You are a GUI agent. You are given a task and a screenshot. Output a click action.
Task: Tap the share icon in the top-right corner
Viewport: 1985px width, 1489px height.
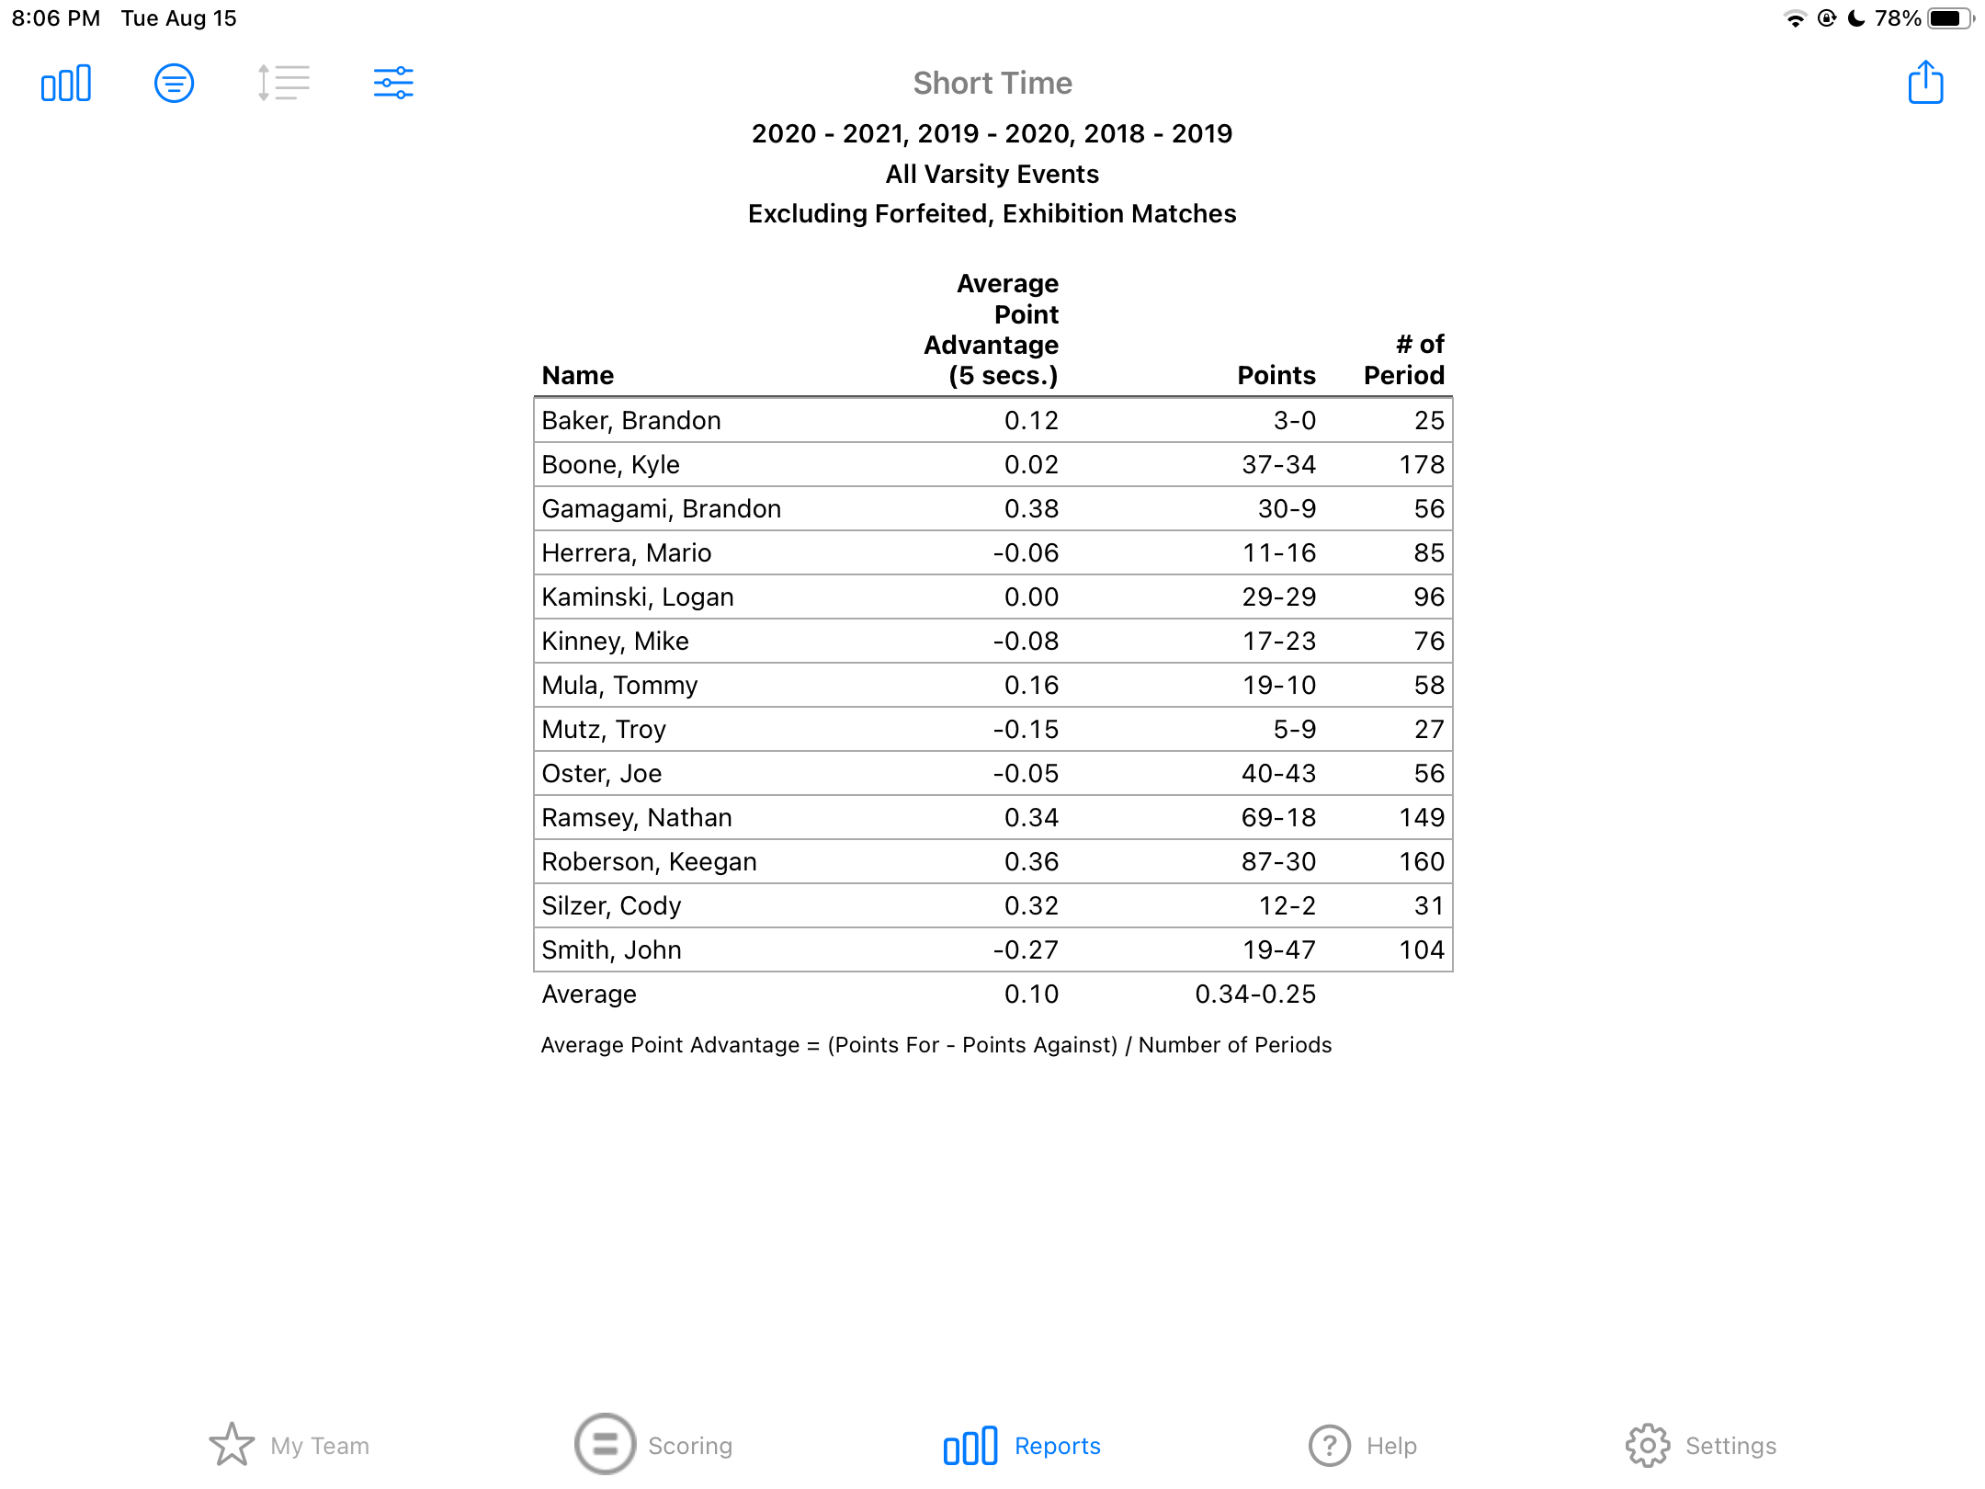pyautogui.click(x=1925, y=83)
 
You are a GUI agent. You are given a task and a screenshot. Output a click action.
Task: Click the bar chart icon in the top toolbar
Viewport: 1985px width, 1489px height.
pyautogui.click(x=66, y=84)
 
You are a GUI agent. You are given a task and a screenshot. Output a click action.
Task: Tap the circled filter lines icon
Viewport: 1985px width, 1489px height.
pyautogui.click(x=174, y=84)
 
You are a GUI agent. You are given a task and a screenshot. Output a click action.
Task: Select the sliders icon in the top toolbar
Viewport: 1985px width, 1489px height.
pyautogui.click(x=393, y=83)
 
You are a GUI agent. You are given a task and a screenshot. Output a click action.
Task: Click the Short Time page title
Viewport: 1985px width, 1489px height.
pyautogui.click(x=992, y=83)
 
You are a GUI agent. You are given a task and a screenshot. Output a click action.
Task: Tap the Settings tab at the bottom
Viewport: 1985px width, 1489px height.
pyautogui.click(x=1701, y=1446)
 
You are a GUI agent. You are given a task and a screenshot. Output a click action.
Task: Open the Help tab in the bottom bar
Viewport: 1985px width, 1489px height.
pyautogui.click(x=1364, y=1446)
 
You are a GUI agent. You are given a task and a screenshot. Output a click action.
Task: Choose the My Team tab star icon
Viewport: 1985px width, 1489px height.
pyautogui.click(x=232, y=1445)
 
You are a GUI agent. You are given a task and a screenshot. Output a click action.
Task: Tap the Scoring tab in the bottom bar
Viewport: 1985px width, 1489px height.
pyautogui.click(x=653, y=1445)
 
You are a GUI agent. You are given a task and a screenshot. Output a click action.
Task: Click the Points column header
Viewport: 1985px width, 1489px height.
pyautogui.click(x=1276, y=375)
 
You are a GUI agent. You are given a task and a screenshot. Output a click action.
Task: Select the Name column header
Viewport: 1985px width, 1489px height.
pyautogui.click(x=578, y=375)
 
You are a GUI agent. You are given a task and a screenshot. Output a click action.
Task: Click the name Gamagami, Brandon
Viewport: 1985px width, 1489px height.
pyautogui.click(x=662, y=508)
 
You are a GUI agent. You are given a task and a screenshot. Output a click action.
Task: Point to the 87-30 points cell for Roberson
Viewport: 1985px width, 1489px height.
pyautogui.click(x=1278, y=861)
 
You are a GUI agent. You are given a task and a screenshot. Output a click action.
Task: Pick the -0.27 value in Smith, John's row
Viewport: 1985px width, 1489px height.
pyautogui.click(x=1026, y=949)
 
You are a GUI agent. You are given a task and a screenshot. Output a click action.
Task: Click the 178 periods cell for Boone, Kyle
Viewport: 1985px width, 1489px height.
pyautogui.click(x=1422, y=464)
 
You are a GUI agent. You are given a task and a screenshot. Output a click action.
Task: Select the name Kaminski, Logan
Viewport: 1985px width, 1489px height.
pyautogui.click(x=638, y=597)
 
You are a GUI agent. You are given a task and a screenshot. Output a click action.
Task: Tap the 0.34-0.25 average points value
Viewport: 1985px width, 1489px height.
pyautogui.click(x=1255, y=994)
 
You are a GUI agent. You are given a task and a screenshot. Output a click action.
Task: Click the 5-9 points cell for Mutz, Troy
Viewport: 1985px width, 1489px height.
pyautogui.click(x=1294, y=729)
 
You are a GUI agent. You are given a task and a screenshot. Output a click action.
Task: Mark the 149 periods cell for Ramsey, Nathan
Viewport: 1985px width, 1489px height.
pyautogui.click(x=1422, y=817)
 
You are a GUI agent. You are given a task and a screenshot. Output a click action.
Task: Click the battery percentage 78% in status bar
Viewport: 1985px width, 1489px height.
pyautogui.click(x=1898, y=18)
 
